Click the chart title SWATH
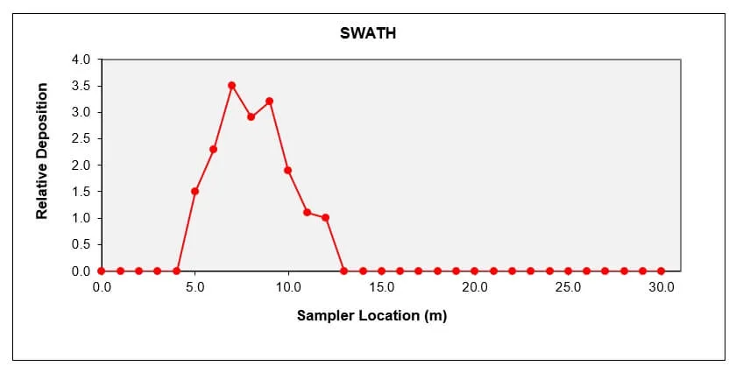point(369,34)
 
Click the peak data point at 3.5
point(232,85)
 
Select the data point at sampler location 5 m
point(195,191)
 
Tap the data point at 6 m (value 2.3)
point(213,149)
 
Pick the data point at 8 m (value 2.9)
point(251,116)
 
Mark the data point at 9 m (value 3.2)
point(269,101)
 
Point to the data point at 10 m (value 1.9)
point(288,170)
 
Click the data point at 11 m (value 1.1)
point(307,212)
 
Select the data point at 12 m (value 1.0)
point(325,217)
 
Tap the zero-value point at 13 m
point(343,271)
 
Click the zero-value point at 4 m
point(176,271)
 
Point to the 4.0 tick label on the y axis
point(81,60)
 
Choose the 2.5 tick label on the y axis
point(81,138)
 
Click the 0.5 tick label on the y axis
point(81,244)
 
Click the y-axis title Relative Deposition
point(41,151)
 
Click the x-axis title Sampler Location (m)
point(372,315)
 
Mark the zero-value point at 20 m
point(475,271)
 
